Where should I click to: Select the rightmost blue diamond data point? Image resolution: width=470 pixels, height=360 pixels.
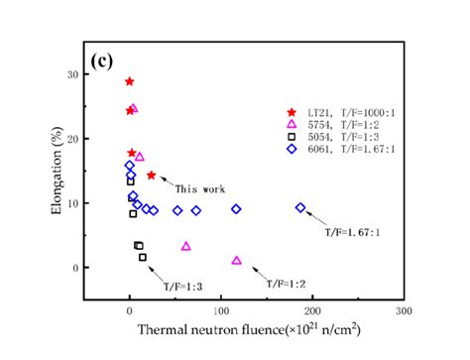click(x=300, y=207)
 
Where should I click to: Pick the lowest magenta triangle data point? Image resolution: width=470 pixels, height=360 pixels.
click(x=237, y=261)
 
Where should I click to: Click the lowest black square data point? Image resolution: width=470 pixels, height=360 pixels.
click(x=143, y=257)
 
